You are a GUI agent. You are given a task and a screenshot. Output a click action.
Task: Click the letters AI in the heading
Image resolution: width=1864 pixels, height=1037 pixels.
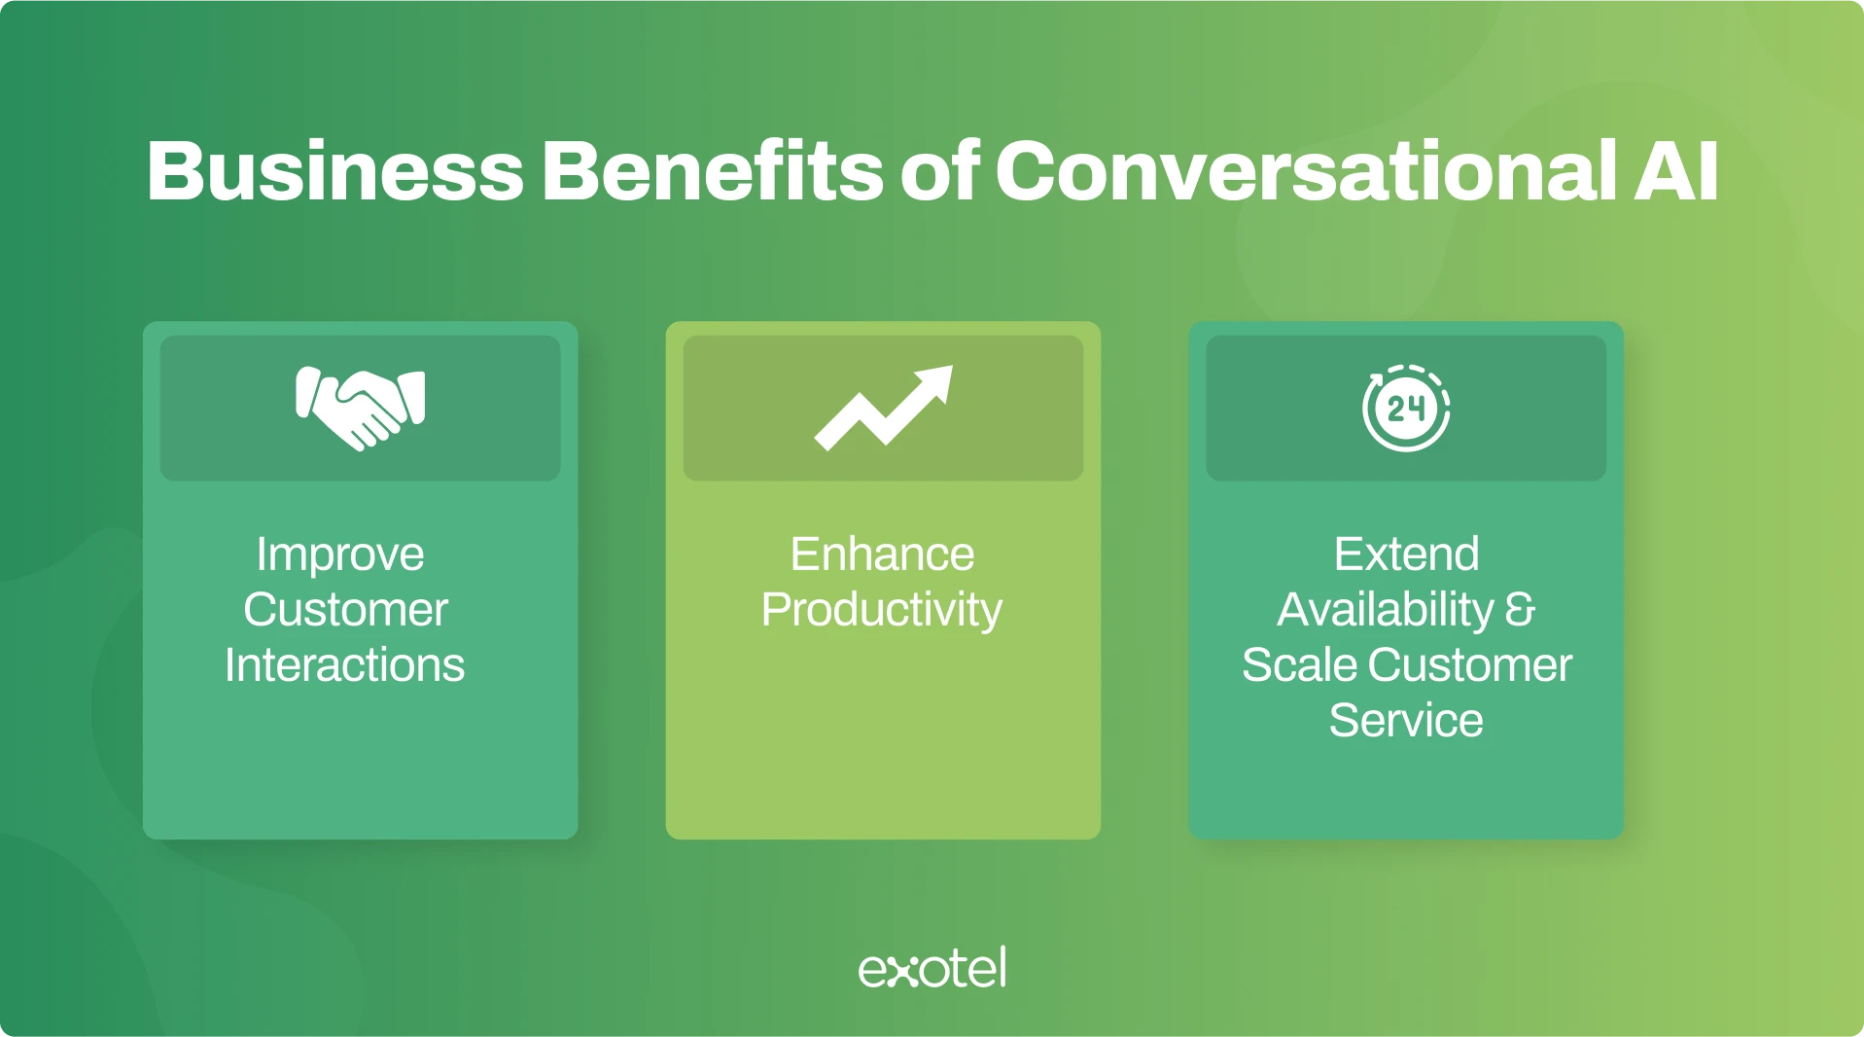tap(1676, 171)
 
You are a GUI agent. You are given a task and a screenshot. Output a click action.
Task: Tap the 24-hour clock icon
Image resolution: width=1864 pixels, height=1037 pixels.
tap(1406, 409)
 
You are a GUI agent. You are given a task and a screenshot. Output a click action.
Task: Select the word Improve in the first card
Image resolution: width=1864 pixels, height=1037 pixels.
tap(340, 555)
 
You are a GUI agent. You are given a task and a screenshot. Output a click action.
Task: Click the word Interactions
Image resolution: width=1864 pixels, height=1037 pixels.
tap(344, 665)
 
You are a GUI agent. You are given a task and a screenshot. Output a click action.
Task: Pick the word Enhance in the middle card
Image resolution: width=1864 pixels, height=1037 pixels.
tap(882, 554)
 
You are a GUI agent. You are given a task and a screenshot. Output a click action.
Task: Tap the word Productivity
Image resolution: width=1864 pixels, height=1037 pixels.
tap(882, 611)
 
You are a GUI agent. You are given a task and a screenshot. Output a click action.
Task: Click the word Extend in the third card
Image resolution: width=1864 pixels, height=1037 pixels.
tap(1406, 554)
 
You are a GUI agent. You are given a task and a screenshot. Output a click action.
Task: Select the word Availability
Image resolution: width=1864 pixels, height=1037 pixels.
tap(1386, 611)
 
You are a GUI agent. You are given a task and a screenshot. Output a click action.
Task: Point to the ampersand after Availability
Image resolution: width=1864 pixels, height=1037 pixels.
tap(1521, 610)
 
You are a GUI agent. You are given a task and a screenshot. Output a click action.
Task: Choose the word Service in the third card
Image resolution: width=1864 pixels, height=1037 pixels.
tap(1406, 721)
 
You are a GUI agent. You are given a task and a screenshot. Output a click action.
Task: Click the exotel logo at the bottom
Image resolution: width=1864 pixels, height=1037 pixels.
tap(932, 968)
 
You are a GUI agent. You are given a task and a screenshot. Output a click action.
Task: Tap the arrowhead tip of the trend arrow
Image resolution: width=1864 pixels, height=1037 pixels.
tap(952, 367)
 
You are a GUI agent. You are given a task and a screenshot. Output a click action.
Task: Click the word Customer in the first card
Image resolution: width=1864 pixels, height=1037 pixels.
tap(345, 610)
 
